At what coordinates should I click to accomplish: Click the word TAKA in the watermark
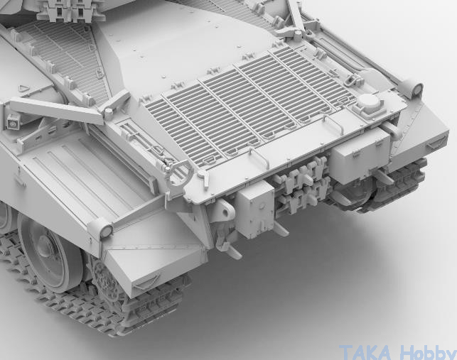point(365,353)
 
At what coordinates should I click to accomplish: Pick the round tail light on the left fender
point(107,231)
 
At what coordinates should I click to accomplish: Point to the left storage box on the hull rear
point(255,209)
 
